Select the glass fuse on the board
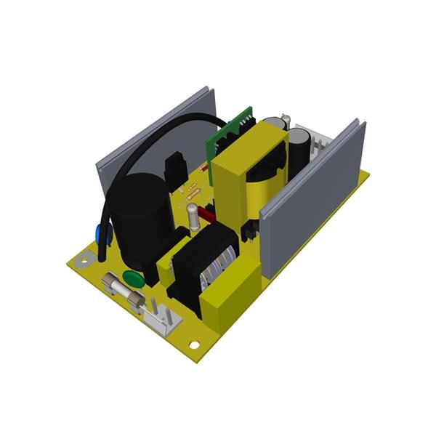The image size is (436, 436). click(x=124, y=292)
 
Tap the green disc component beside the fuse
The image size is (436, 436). click(x=132, y=277)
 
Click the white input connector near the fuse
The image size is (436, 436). click(x=161, y=317)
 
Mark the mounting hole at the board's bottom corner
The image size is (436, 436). click(x=194, y=344)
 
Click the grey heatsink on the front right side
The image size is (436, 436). click(x=312, y=200)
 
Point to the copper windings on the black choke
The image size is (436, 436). click(x=218, y=265)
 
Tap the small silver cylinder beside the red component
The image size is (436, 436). click(x=193, y=216)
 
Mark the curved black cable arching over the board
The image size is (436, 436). click(x=160, y=134)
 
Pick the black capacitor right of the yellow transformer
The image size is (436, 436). click(x=299, y=153)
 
